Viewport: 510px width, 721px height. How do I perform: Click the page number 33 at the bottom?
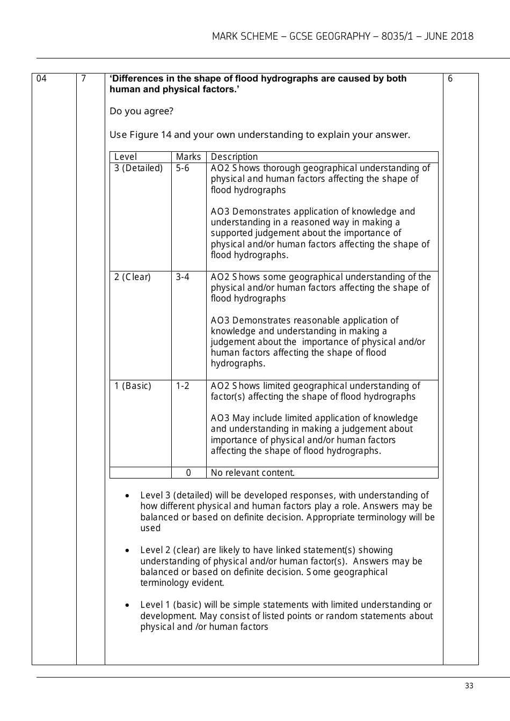click(x=469, y=686)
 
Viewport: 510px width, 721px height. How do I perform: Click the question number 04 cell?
click(x=42, y=79)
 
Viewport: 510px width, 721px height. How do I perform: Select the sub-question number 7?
click(x=83, y=79)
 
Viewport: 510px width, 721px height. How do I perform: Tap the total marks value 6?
click(x=450, y=79)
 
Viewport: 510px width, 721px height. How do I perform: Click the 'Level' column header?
click(x=126, y=157)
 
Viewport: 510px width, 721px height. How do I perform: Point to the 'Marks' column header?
click(x=188, y=157)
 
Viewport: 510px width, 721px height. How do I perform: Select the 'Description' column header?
click(x=234, y=157)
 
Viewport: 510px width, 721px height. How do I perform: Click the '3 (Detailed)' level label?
click(x=139, y=168)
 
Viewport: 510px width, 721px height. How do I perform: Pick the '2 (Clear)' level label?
click(x=133, y=277)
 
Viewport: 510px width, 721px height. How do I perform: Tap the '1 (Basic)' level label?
click(x=133, y=386)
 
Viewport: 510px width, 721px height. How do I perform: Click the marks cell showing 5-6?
click(x=183, y=168)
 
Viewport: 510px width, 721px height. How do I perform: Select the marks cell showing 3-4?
click(x=183, y=277)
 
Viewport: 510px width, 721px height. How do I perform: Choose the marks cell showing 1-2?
click(x=183, y=386)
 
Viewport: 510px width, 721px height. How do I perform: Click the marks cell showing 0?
click(x=188, y=473)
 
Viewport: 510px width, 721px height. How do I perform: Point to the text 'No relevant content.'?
click(x=253, y=473)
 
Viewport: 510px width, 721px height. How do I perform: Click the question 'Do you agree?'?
click(x=141, y=111)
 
